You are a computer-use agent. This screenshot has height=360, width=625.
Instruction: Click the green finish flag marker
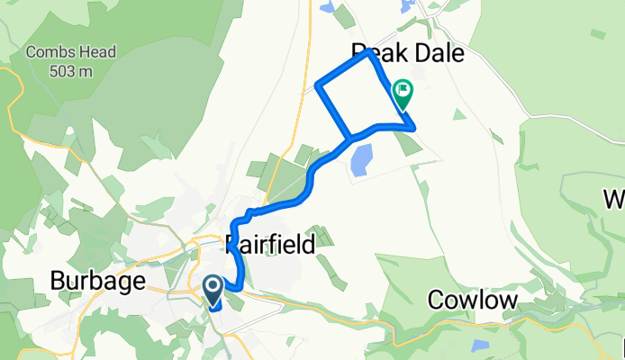coord(403,93)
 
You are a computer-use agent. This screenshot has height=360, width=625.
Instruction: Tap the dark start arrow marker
coord(213,290)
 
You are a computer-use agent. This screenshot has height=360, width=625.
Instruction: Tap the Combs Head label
coord(72,52)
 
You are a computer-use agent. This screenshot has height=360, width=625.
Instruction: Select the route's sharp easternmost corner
coord(414,129)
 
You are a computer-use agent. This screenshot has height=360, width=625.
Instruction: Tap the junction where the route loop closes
coord(349,139)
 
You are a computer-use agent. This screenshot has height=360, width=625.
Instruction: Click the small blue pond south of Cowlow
coord(479,346)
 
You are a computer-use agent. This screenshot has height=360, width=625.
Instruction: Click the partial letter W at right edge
coord(617,198)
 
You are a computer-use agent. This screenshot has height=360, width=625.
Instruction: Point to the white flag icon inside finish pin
coord(403,89)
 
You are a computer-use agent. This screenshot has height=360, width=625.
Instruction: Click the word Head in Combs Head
coord(97,52)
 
